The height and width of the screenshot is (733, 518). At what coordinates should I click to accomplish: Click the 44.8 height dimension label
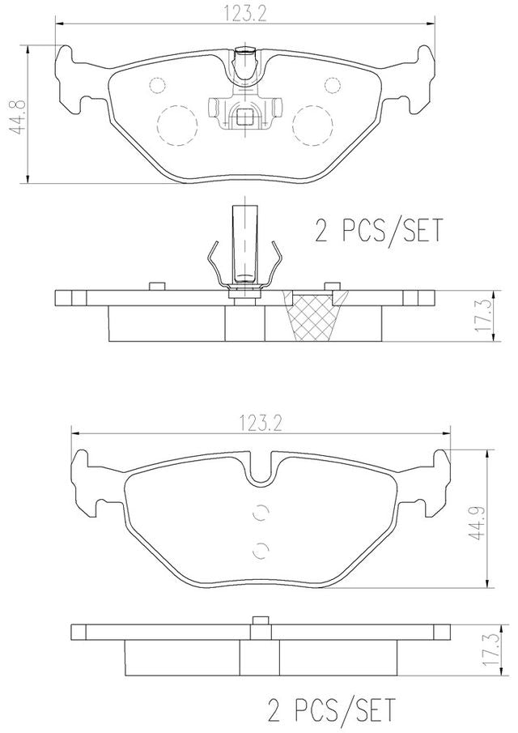point(18,117)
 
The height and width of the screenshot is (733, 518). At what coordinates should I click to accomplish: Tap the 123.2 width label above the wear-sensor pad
point(244,14)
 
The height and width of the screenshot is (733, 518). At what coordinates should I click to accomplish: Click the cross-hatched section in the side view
point(314,316)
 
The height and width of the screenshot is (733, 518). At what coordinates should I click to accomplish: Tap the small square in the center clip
point(244,117)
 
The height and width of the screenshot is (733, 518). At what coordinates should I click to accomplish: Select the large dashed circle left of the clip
point(177,125)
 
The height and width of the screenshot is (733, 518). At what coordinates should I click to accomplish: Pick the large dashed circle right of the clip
point(312,125)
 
